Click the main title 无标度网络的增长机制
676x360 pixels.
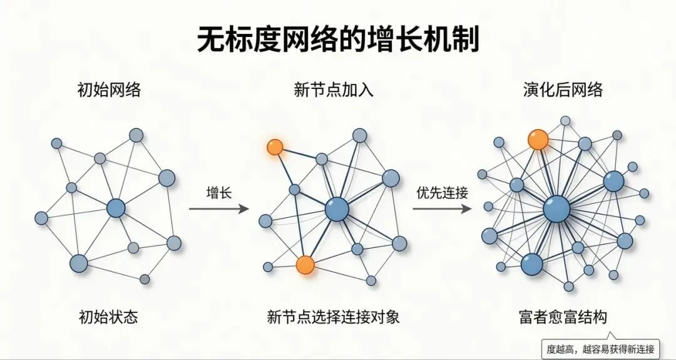click(x=338, y=39)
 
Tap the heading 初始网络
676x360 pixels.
click(x=109, y=90)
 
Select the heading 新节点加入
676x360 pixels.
click(x=334, y=90)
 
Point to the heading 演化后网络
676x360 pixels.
click(x=563, y=90)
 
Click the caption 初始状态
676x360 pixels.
click(x=109, y=317)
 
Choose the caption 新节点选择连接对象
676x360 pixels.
click(x=333, y=317)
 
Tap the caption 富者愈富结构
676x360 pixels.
click(x=563, y=317)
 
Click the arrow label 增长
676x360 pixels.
click(x=219, y=192)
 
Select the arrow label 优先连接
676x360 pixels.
click(x=443, y=192)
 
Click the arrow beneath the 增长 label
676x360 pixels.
click(x=219, y=209)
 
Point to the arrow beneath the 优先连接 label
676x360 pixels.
click(x=443, y=209)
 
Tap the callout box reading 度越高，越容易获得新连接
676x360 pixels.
click(x=600, y=348)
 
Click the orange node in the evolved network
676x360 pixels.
click(x=538, y=140)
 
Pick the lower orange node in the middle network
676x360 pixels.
click(x=305, y=265)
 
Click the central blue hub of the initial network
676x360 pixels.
click(x=116, y=208)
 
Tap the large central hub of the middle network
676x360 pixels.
click(x=337, y=210)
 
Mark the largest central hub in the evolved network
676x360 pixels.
click(x=556, y=209)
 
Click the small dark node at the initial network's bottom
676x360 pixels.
click(x=145, y=279)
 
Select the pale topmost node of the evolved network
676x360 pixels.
click(x=565, y=121)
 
